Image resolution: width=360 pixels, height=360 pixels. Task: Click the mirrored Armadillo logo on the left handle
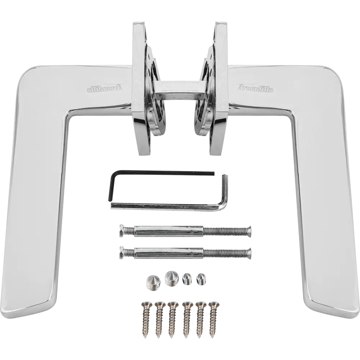pos(104,88)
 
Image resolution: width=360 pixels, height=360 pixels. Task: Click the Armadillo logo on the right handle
pos(255,88)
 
